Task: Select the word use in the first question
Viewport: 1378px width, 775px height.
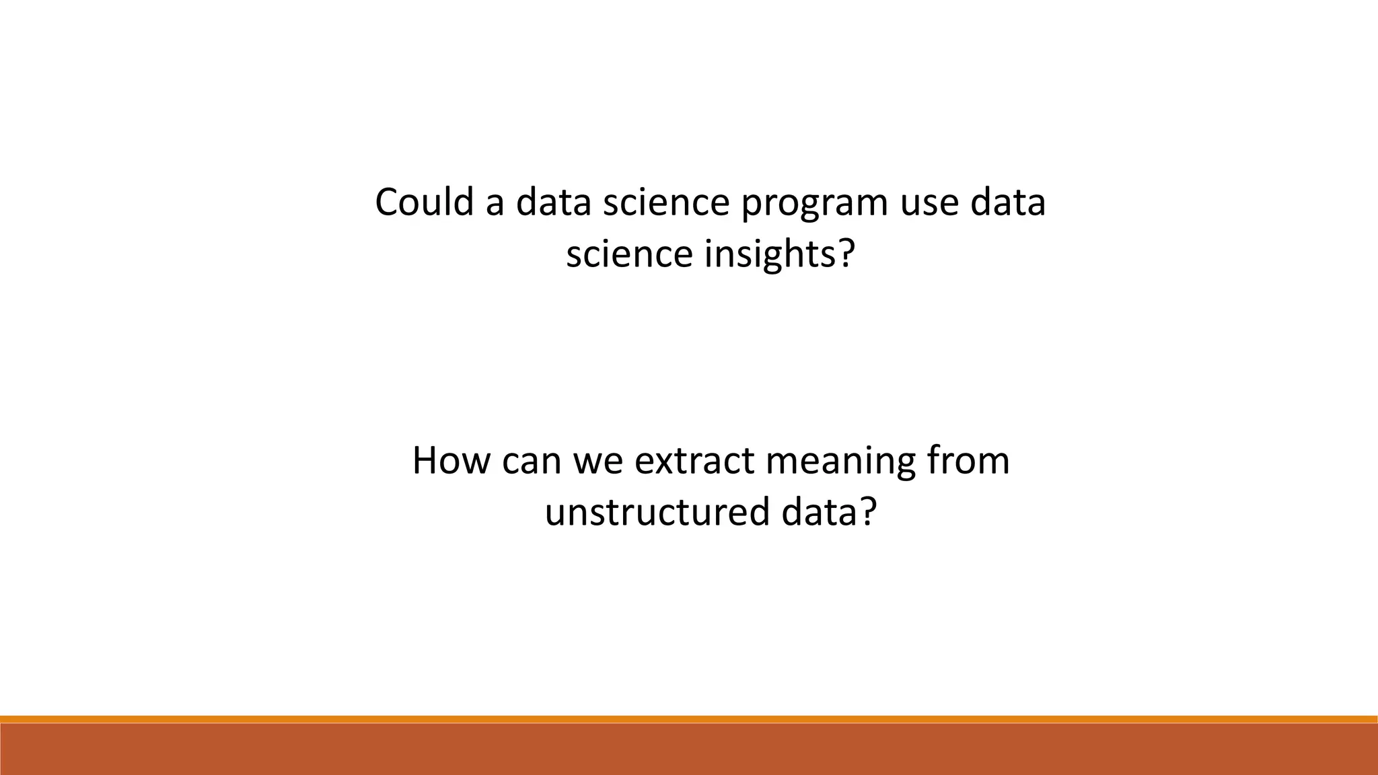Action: [929, 203]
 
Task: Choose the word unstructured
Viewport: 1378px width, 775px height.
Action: [657, 513]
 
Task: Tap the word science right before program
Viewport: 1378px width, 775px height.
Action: [665, 203]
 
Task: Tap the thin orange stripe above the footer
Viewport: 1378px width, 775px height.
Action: [689, 719]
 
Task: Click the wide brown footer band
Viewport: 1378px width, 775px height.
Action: [689, 749]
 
